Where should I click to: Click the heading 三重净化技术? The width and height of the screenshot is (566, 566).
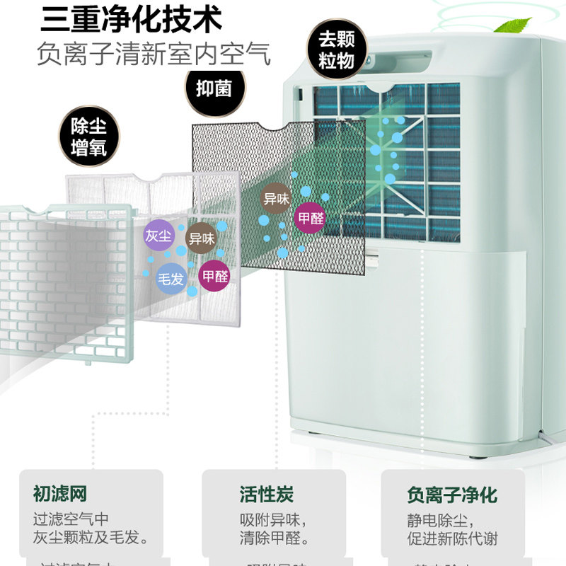tap(131, 19)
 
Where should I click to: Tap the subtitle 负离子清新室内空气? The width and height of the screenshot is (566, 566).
tap(154, 55)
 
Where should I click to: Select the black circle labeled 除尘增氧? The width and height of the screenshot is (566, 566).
tap(89, 137)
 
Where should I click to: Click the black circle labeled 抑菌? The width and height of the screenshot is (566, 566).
tap(214, 88)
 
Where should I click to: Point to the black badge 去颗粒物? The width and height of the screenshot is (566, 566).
tap(336, 50)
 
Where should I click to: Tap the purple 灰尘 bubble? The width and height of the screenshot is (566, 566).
tap(158, 236)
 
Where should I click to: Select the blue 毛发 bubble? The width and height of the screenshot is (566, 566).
tap(171, 279)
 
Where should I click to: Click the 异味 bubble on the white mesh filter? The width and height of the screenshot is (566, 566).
tap(201, 239)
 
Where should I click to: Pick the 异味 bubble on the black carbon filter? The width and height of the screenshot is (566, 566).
tap(277, 199)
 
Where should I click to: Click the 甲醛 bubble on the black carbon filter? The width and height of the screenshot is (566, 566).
tap(311, 218)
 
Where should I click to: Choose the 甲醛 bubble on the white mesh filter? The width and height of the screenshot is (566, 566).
tap(215, 276)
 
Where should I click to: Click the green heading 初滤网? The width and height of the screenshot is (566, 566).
tap(59, 494)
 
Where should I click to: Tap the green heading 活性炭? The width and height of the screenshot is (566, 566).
tap(267, 494)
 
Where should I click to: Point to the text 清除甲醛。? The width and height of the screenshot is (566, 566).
tap(275, 538)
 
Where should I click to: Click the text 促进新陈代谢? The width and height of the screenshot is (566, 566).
tap(452, 539)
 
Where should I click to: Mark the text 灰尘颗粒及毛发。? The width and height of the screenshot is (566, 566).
tap(91, 538)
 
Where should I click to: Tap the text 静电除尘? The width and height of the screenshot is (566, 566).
tap(432, 520)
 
